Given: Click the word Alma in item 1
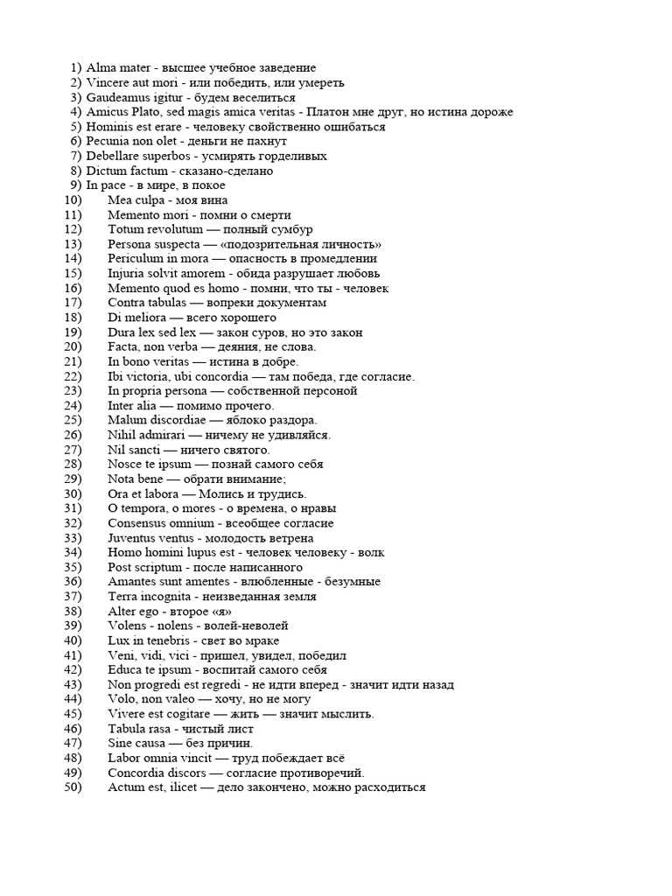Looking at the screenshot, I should [x=100, y=67].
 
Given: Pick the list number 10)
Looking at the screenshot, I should [x=73, y=200].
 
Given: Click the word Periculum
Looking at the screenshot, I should [x=136, y=259].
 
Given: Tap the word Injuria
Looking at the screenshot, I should [x=127, y=274].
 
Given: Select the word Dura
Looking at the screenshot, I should [x=122, y=332].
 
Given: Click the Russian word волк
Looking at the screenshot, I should [x=369, y=553].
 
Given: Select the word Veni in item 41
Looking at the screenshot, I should [x=122, y=655].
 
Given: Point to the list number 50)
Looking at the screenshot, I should [x=73, y=787].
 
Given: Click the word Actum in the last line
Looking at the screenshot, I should [x=126, y=787].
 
